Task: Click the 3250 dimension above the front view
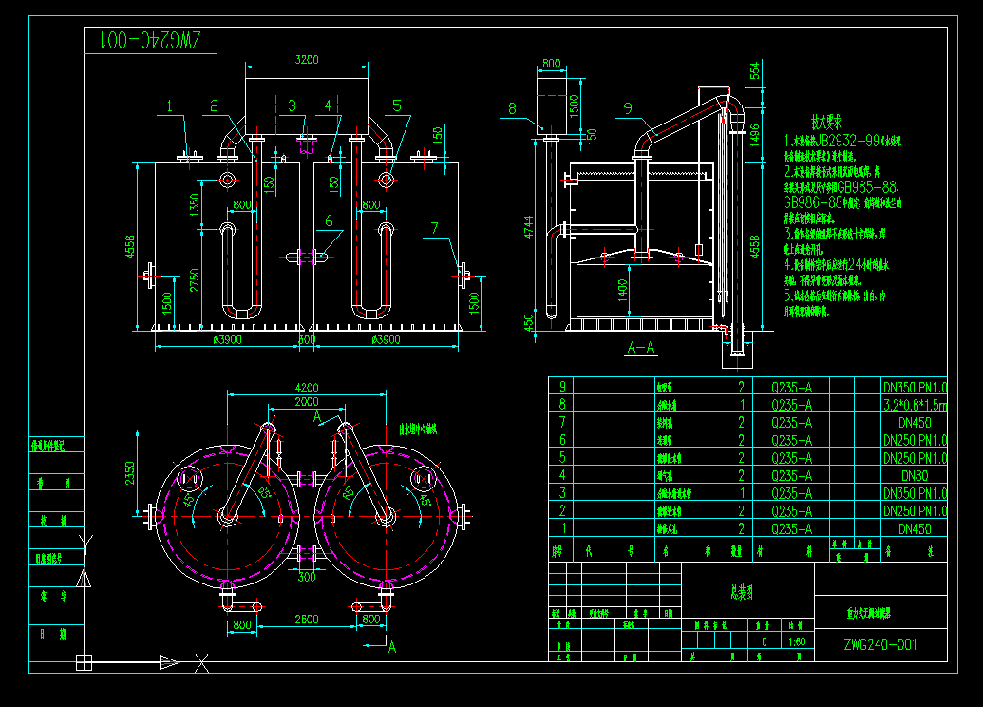[x=306, y=59]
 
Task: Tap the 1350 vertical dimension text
[x=195, y=205]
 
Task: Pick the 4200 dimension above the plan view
[x=306, y=387]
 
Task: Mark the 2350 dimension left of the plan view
[x=131, y=472]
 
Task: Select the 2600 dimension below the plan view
[x=306, y=620]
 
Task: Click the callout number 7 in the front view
[x=435, y=227]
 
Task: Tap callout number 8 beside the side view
[x=512, y=108]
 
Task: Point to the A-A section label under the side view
[x=642, y=348]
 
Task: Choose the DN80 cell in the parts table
[x=915, y=475]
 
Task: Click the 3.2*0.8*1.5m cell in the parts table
[x=915, y=404]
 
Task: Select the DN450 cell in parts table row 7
[x=915, y=422]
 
